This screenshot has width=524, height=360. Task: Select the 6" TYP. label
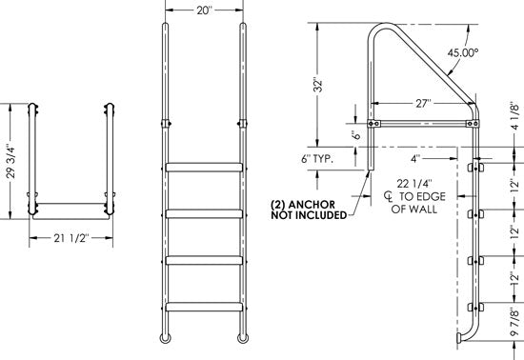coord(317,158)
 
